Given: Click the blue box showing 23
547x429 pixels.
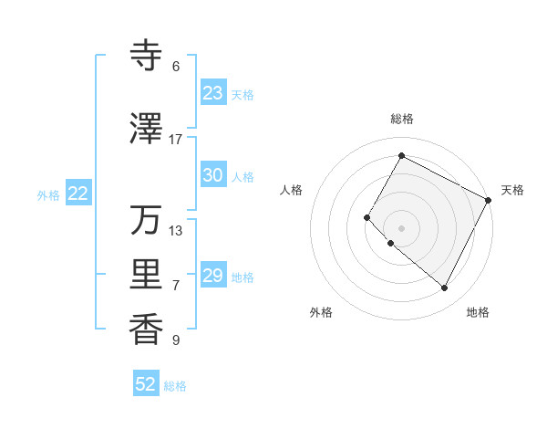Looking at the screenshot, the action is (x=212, y=93).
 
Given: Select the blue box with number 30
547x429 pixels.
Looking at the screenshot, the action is (x=212, y=175).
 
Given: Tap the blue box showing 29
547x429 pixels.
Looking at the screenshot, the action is (x=212, y=276).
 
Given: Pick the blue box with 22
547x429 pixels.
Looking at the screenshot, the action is (x=78, y=194).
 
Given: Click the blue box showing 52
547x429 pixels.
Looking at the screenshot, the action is (x=146, y=384).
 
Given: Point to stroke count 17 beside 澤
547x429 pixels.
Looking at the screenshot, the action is (x=176, y=140).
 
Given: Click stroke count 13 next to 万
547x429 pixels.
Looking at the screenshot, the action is (x=176, y=230).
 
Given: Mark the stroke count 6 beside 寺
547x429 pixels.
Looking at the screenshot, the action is (x=176, y=67).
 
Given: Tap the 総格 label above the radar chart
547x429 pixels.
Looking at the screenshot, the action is (x=401, y=119).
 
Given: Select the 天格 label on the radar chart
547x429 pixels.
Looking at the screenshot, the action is (x=512, y=190).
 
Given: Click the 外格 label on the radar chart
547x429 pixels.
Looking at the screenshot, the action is (x=321, y=312).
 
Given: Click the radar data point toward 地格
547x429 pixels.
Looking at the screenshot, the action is (x=445, y=288).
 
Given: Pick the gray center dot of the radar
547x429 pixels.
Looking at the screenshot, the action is (x=401, y=227).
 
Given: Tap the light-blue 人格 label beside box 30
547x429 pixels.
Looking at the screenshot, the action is (x=243, y=176).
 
